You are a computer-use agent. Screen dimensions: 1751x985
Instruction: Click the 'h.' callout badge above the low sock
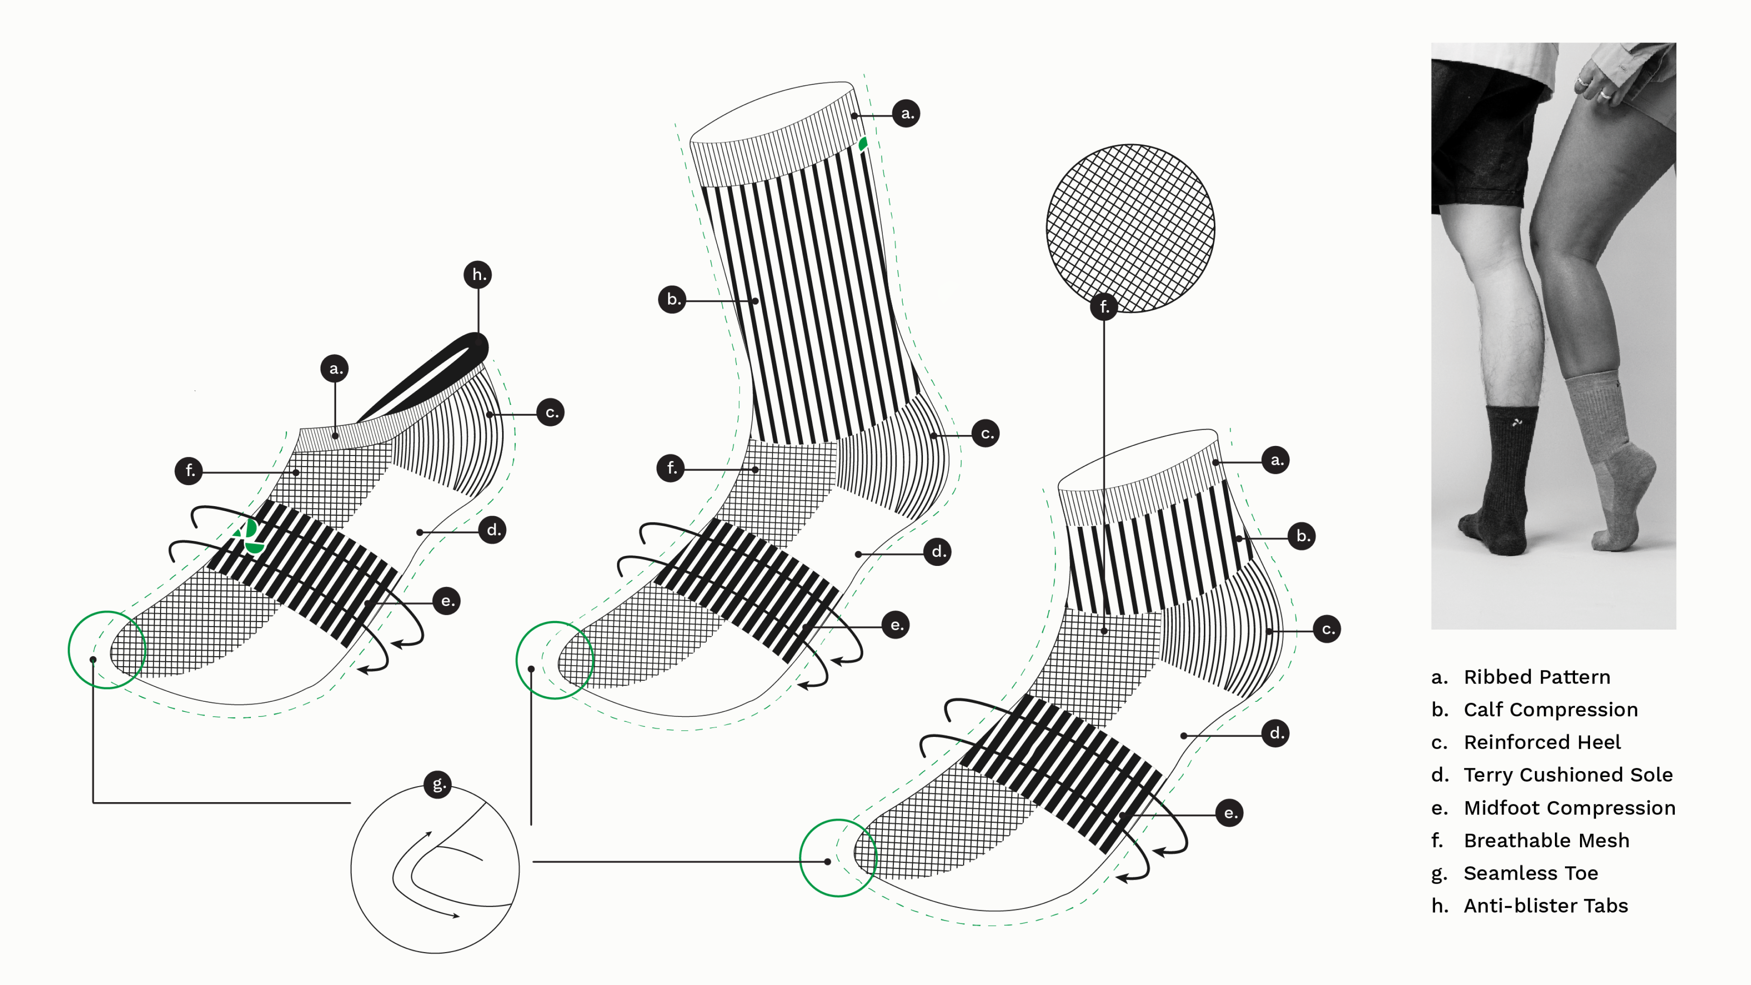pyautogui.click(x=478, y=275)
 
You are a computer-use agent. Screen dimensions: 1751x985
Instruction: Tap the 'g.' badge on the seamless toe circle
pyautogui.click(x=438, y=784)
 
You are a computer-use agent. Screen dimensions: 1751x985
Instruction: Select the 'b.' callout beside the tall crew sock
pyautogui.click(x=672, y=299)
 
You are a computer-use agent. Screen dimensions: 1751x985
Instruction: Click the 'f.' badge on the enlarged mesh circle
pyautogui.click(x=1104, y=306)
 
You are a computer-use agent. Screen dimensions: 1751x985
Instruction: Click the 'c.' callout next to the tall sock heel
pyautogui.click(x=985, y=433)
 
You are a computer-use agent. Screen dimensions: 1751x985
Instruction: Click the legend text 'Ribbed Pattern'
pyautogui.click(x=1537, y=677)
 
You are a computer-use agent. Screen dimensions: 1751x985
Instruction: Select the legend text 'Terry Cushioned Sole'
pyautogui.click(x=1568, y=775)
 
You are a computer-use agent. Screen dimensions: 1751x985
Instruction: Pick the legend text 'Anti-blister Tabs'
pyautogui.click(x=1546, y=906)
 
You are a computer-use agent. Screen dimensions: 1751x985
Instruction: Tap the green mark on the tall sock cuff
pyautogui.click(x=863, y=144)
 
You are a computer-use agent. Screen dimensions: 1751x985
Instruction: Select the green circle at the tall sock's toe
pyautogui.click(x=554, y=660)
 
